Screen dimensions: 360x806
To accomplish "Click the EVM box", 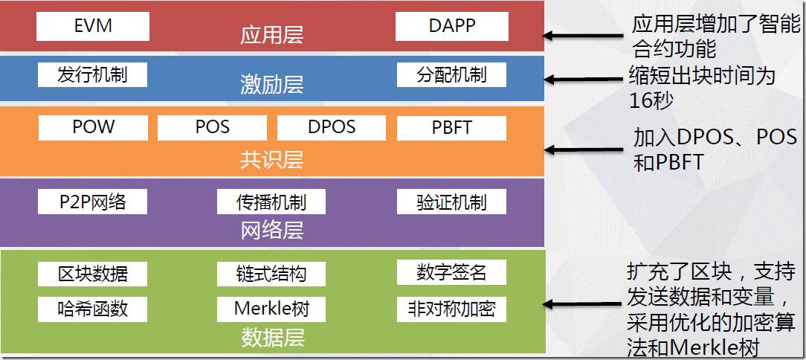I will point(93,26).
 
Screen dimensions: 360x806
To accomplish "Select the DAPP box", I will point(452,26).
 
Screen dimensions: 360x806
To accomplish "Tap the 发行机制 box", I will point(93,74).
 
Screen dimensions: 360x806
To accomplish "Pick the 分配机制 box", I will point(452,74).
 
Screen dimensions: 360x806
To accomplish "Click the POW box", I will point(93,127).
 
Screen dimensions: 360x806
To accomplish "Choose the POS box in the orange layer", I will point(213,127).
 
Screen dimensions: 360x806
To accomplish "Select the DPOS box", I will point(332,127).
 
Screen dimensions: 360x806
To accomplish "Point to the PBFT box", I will point(452,127).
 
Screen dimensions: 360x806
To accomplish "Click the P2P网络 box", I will point(93,202).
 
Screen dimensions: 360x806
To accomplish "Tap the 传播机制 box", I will point(272,202).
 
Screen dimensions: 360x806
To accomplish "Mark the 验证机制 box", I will point(452,202).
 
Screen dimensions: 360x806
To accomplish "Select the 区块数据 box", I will point(93,273).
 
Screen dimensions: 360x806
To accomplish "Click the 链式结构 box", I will point(272,273).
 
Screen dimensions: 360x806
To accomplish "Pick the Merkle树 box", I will point(272,308).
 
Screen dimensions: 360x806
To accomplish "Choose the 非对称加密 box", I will point(452,308).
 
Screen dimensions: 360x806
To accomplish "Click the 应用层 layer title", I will point(272,36).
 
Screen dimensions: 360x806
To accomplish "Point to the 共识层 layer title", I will point(272,159).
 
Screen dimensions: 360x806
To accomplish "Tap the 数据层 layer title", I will point(272,338).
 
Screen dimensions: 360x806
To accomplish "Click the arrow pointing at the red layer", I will point(584,35).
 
